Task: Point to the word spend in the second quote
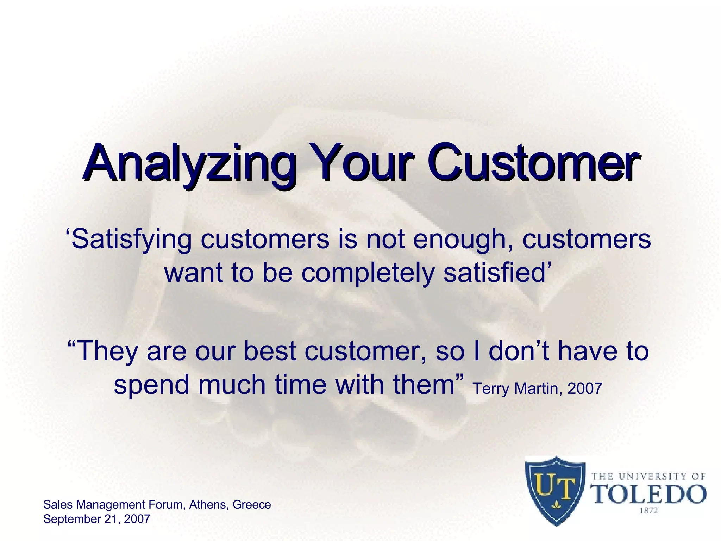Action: (x=151, y=385)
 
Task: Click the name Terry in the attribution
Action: (x=491, y=389)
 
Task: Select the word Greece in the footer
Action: (x=252, y=505)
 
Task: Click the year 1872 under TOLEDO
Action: (x=648, y=510)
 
